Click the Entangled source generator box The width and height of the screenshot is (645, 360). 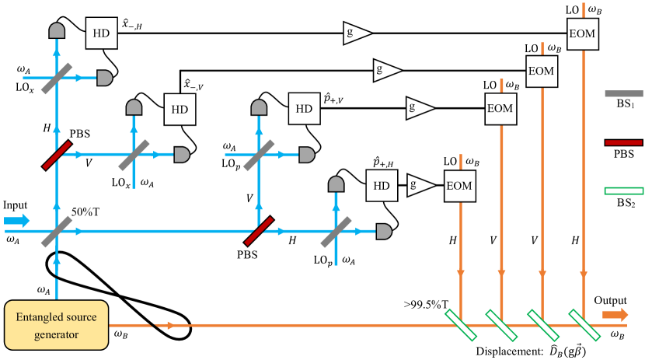coord(56,324)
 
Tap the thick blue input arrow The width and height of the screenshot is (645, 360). coord(17,221)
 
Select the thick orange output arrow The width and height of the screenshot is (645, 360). coord(615,314)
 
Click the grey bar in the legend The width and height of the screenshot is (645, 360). coord(623,93)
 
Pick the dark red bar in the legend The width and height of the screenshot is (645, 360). coord(623,142)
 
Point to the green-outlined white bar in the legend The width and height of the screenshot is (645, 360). coord(623,190)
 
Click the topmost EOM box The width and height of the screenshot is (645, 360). coord(583,33)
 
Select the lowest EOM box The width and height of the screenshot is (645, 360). coord(459,186)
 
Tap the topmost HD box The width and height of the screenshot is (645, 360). coord(101,33)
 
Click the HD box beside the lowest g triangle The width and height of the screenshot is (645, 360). coord(382,186)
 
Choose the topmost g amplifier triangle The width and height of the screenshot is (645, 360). coord(357,33)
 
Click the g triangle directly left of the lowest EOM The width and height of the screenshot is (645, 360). coord(420,185)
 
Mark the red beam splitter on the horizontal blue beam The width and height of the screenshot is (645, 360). coord(259,231)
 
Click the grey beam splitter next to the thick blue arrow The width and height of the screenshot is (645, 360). coord(57,231)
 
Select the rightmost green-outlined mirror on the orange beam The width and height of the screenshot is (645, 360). coord(584,325)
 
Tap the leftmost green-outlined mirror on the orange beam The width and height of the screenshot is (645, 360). coord(460,325)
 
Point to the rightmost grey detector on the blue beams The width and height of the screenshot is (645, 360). coord(383,231)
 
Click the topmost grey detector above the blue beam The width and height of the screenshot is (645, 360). coord(57,30)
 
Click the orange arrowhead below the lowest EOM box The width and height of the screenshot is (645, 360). coord(461,273)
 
